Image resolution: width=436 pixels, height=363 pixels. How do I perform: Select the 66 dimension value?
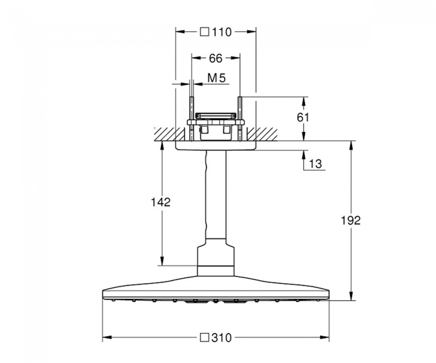(x=216, y=58)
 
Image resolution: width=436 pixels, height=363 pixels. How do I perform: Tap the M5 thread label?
(x=217, y=78)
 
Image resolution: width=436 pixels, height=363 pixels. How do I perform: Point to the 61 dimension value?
(x=303, y=117)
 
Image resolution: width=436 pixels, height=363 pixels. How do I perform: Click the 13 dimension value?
(x=315, y=164)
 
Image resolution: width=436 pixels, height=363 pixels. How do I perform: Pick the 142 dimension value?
(x=160, y=202)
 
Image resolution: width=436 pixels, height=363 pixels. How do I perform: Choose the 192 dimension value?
(x=350, y=220)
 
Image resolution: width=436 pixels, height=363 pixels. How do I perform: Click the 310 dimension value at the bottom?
(x=221, y=338)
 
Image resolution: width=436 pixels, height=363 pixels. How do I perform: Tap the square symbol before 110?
(x=205, y=32)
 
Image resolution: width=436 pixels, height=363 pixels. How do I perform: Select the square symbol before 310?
(x=205, y=337)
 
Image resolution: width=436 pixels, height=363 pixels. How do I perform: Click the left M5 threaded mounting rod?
(x=192, y=119)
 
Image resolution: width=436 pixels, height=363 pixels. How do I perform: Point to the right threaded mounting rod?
(x=240, y=119)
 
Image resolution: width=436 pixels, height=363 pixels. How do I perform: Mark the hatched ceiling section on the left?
(x=170, y=135)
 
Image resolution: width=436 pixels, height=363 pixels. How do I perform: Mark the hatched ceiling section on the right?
(x=262, y=135)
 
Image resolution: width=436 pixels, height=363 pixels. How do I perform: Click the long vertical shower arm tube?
(x=216, y=194)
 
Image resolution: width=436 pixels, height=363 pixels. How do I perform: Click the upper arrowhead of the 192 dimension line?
(x=352, y=146)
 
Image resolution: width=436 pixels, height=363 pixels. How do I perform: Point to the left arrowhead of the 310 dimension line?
(x=108, y=338)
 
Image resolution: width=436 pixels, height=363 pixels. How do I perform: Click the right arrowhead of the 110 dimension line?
(x=251, y=32)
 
